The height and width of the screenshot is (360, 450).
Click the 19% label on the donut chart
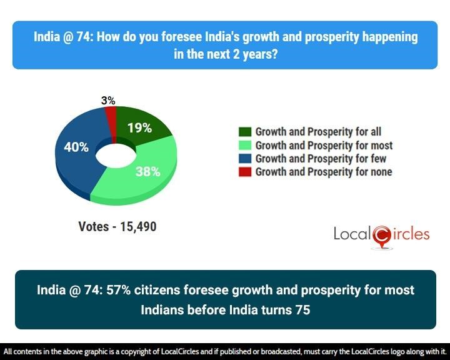139,128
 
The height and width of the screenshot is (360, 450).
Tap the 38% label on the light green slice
148,171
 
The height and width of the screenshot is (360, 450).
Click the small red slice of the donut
111,116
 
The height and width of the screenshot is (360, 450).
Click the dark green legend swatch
245,132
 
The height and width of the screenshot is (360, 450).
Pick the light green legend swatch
245,146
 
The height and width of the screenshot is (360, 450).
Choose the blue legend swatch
245,159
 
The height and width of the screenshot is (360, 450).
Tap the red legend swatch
245,172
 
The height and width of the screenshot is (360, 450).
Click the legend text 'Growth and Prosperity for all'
318,132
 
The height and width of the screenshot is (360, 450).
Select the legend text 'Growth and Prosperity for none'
324,172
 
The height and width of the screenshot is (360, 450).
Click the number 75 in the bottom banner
301,309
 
